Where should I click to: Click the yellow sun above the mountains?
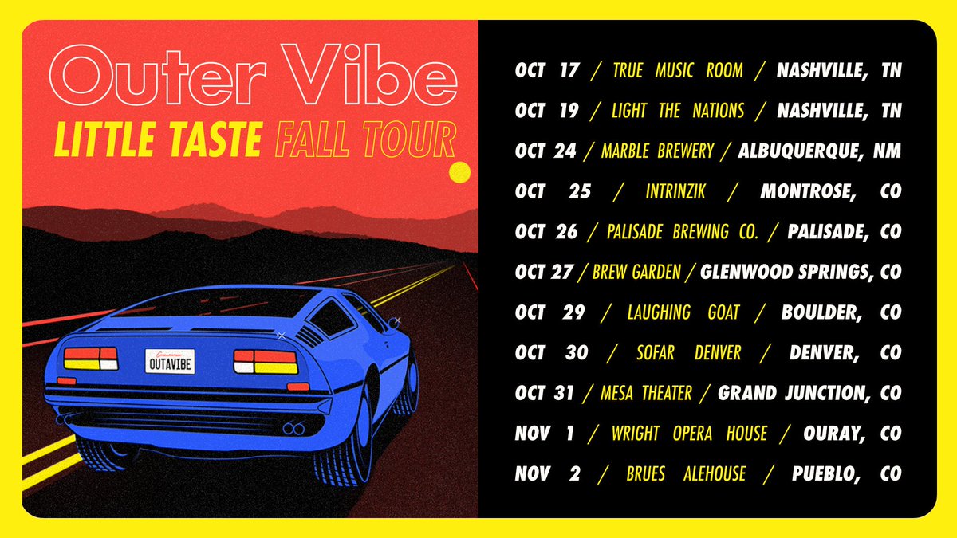[x=460, y=172]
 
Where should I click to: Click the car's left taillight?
[x=90, y=359]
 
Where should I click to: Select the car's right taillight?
[x=266, y=362]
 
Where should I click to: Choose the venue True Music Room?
[x=677, y=70]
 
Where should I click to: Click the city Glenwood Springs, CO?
[x=801, y=273]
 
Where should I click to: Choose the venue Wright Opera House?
[x=689, y=434]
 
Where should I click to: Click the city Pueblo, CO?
[x=846, y=474]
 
